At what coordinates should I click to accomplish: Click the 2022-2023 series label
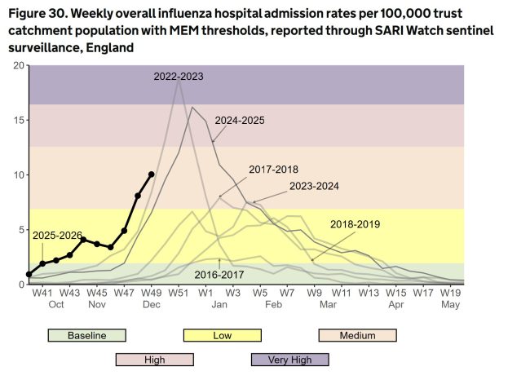179,77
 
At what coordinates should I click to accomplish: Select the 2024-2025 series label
240,120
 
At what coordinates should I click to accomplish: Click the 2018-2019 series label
355,223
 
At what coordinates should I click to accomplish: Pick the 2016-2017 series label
220,275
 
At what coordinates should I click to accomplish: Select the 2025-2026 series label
58,236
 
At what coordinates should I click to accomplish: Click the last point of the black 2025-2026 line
152,174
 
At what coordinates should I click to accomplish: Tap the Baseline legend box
86,335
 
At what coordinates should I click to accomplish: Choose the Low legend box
222,335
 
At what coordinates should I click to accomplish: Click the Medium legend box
356,335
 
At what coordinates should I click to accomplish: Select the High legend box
154,360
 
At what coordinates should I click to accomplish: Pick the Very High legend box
289,360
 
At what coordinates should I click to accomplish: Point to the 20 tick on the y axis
20,65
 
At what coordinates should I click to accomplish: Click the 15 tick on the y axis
20,120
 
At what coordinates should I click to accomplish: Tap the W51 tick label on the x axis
179,292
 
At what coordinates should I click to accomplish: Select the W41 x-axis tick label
42,292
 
